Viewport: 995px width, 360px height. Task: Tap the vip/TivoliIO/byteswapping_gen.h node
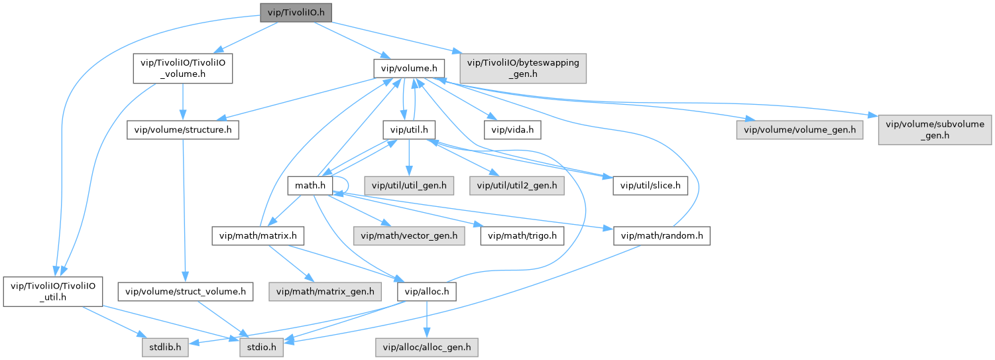tap(523, 68)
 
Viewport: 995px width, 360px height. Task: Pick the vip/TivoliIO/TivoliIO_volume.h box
tap(182, 68)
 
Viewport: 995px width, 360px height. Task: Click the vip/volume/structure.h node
tap(182, 130)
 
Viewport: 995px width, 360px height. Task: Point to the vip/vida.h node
tap(513, 130)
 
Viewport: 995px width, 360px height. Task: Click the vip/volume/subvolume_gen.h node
tap(935, 130)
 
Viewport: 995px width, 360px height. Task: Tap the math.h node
tap(310, 185)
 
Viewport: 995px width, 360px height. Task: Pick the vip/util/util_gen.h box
tap(408, 185)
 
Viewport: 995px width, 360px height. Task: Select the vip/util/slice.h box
tap(650, 185)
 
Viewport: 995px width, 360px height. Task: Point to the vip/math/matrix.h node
tap(257, 235)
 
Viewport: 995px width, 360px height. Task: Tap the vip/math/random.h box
tap(662, 235)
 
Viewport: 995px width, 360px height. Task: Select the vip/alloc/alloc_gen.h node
tap(427, 346)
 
